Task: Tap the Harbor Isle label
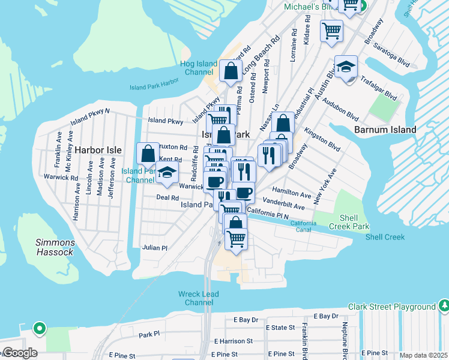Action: coord(98,149)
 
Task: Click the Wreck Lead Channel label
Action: coord(199,298)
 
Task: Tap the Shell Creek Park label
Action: coord(349,222)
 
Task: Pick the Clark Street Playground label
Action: coord(392,307)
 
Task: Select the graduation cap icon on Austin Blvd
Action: coord(346,67)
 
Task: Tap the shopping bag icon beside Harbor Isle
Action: coord(148,154)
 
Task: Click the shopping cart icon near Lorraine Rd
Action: coord(331,30)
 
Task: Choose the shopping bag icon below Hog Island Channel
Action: coord(231,71)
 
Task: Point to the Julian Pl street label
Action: coord(154,247)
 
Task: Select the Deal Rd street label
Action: coord(167,197)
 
